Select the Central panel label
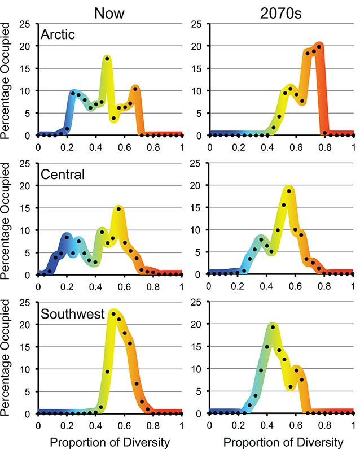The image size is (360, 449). point(63,175)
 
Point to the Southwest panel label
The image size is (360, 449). point(71,313)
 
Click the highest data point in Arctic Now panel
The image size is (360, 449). point(107,59)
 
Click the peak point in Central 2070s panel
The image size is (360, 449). point(289,191)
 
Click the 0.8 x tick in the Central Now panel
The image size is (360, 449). point(153,286)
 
